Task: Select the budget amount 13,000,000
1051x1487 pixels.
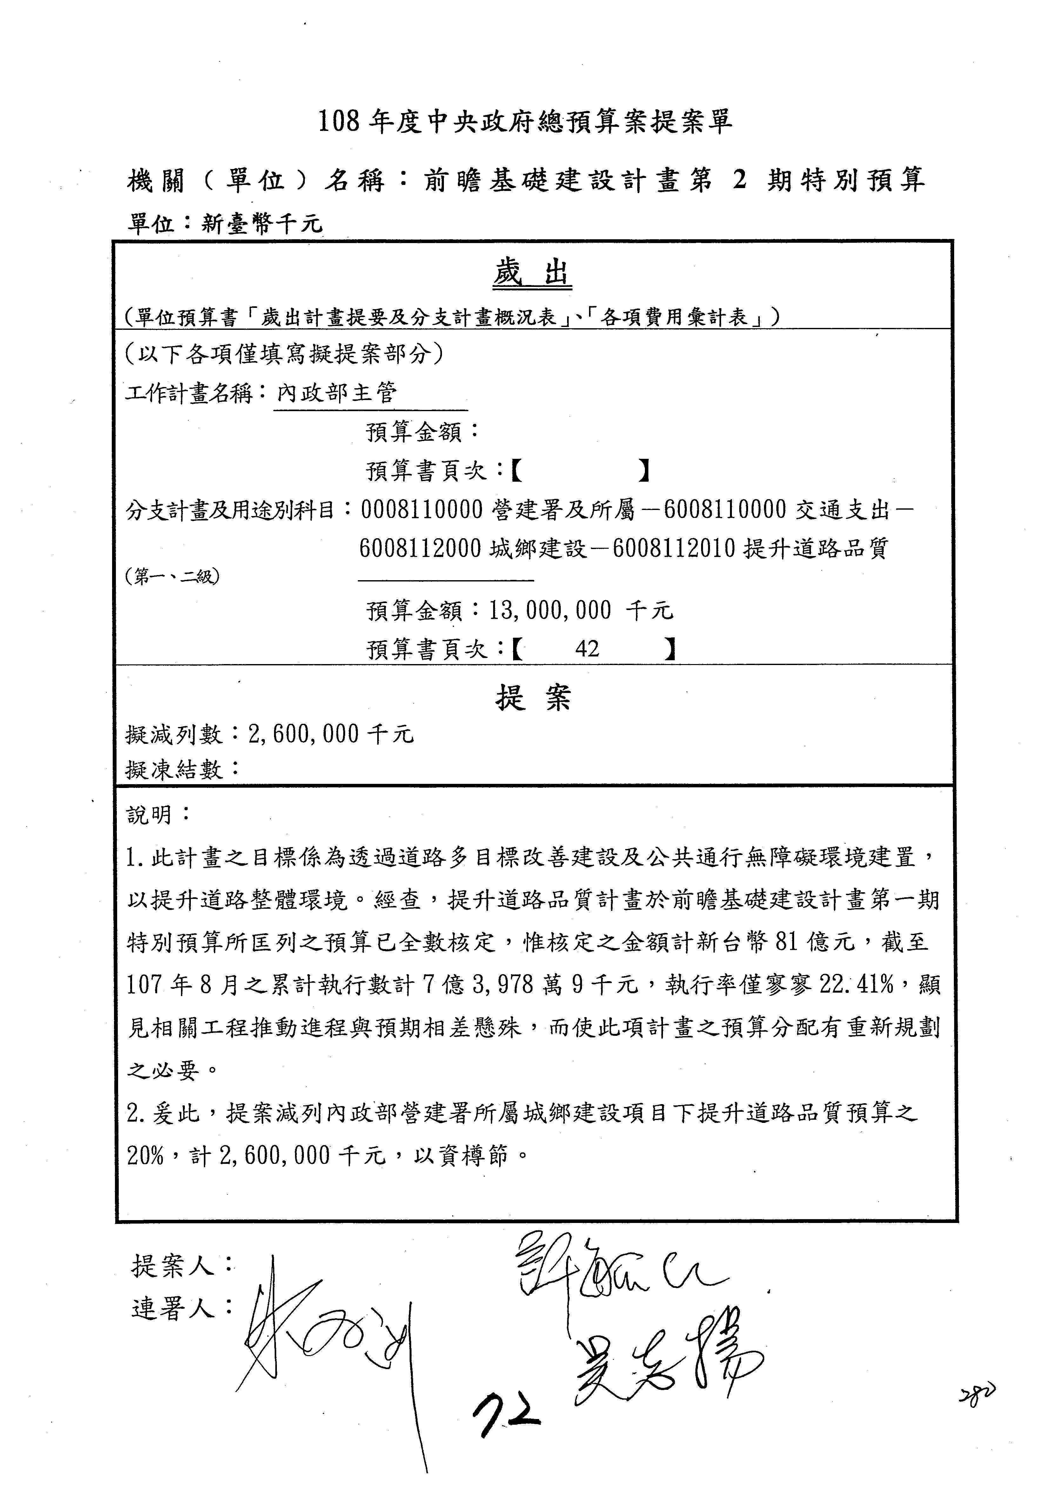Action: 550,610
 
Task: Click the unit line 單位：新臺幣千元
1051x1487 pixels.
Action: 224,223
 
